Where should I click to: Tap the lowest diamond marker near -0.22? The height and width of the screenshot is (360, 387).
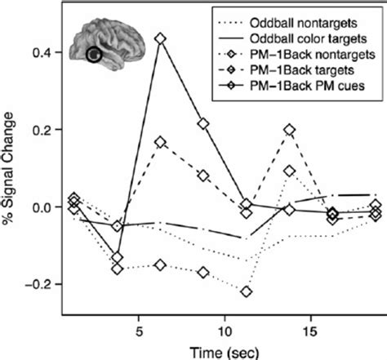click(x=247, y=291)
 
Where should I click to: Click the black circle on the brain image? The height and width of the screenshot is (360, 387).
click(x=95, y=56)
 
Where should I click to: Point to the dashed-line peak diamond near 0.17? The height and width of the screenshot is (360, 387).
click(x=160, y=142)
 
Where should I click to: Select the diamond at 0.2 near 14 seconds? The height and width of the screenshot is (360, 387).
click(x=290, y=130)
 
